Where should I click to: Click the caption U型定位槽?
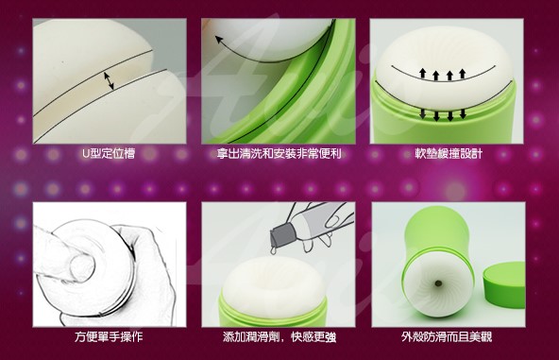109,154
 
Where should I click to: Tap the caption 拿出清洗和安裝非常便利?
279,154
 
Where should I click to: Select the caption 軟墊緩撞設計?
449,154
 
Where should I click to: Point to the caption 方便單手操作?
109,336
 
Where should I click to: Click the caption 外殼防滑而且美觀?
447,336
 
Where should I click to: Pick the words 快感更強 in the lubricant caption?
313,336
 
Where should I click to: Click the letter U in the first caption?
86,154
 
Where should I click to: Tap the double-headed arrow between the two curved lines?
109,81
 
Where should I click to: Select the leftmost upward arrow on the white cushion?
422,74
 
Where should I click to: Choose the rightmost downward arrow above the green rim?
463,113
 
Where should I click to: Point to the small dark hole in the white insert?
437,283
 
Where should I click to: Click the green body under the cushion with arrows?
443,118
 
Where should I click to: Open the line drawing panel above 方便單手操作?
110,265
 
